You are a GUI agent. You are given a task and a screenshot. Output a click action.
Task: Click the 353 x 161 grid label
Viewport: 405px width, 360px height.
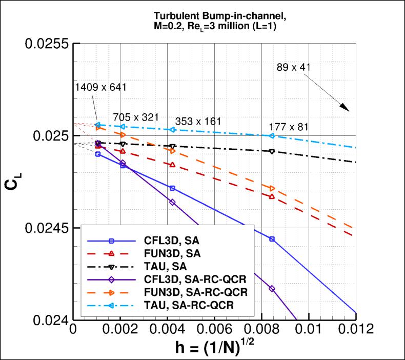click(198, 122)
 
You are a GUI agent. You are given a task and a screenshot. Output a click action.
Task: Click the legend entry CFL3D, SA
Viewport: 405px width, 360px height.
click(174, 240)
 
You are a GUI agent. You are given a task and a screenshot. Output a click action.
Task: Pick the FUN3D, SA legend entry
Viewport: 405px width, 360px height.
click(174, 253)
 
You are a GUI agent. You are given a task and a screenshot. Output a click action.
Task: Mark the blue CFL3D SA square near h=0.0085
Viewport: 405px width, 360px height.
click(272, 239)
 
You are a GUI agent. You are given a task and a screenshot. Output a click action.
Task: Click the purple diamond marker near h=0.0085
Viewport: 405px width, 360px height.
click(272, 289)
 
